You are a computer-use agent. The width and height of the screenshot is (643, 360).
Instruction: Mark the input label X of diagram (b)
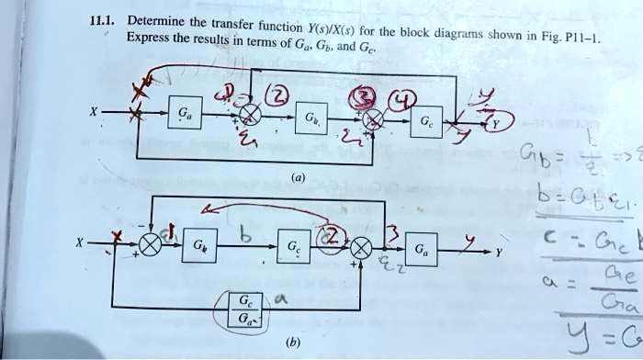[x=80, y=243]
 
